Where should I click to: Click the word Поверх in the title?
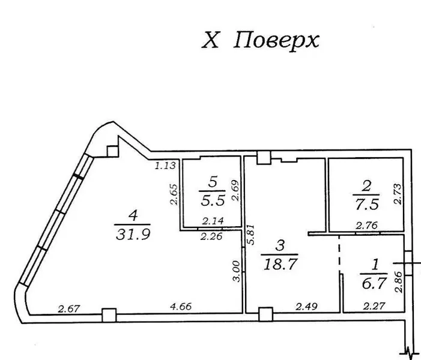click(276, 41)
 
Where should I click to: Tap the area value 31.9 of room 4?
click(133, 234)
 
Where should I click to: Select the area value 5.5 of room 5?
click(213, 200)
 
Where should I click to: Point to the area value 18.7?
click(280, 264)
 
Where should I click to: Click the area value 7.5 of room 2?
click(367, 204)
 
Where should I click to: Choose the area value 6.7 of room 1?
click(374, 283)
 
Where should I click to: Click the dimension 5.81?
click(251, 234)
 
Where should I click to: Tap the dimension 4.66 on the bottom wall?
click(181, 306)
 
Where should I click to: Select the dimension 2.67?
click(69, 308)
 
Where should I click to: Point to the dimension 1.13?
click(165, 166)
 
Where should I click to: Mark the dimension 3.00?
click(236, 271)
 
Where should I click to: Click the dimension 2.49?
click(307, 306)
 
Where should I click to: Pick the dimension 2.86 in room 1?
click(399, 281)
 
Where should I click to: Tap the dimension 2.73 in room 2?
click(398, 194)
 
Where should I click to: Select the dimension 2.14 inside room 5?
click(213, 221)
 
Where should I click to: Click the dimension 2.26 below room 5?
click(211, 236)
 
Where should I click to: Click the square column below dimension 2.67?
click(109, 315)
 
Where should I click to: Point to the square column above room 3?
click(264, 157)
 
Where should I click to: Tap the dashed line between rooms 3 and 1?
click(339, 254)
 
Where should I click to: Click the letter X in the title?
click(210, 41)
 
